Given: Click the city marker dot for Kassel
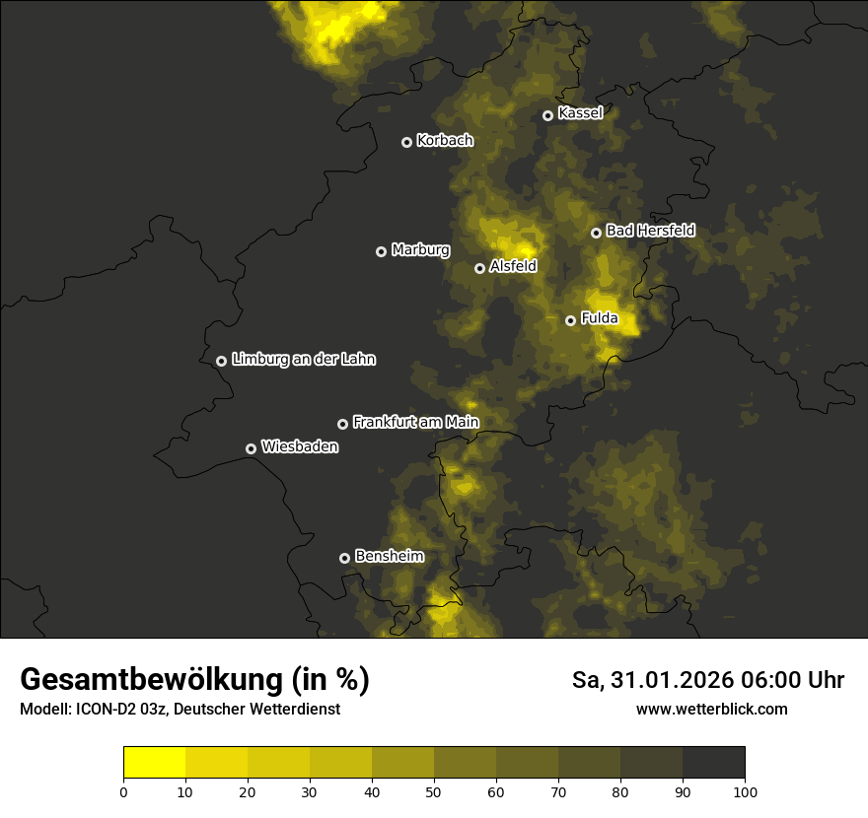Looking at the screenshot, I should pos(547,115).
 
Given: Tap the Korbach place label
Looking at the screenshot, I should pos(445,141).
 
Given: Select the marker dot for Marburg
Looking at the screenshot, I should pos(381,251).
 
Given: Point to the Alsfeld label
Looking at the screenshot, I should pos(513,266).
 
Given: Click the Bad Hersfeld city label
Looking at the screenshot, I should pos(650,231).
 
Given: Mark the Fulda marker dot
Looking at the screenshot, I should pos(570,320).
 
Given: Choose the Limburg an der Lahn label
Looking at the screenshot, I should pos(303,360).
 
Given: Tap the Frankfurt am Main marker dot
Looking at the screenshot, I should pos(342,424).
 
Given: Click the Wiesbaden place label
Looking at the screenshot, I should pos(300,447).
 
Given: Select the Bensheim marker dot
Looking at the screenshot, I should pos(344,558).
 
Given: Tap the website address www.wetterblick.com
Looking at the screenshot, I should pos(711,710).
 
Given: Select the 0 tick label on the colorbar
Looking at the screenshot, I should pos(123,791).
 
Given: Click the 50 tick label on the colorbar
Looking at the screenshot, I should pos(434,791).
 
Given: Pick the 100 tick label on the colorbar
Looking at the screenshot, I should pos(745,791).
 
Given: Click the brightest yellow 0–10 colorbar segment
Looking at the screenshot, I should pos(155,762).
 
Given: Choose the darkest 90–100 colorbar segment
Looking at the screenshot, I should pos(713,762).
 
